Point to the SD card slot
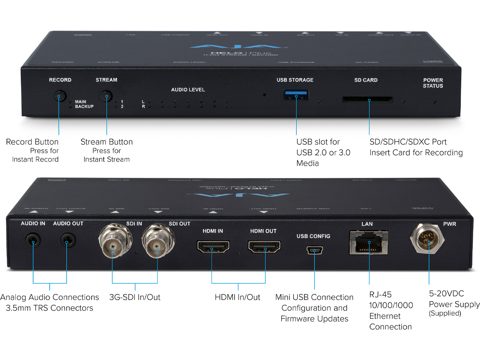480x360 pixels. [x=368, y=99]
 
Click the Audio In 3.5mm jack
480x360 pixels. [x=32, y=241]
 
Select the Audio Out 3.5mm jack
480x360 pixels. [x=68, y=241]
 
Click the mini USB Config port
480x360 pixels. [x=314, y=251]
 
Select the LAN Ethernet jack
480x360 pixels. [x=368, y=242]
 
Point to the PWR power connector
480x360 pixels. [x=428, y=240]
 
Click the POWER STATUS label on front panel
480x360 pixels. [x=433, y=83]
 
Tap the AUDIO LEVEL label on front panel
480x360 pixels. [x=188, y=90]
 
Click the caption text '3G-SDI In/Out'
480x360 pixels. [x=135, y=297]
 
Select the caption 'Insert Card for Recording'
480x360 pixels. [x=416, y=152]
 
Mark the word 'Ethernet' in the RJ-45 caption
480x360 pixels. [x=385, y=316]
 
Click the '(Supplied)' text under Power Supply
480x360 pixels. [x=445, y=313]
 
